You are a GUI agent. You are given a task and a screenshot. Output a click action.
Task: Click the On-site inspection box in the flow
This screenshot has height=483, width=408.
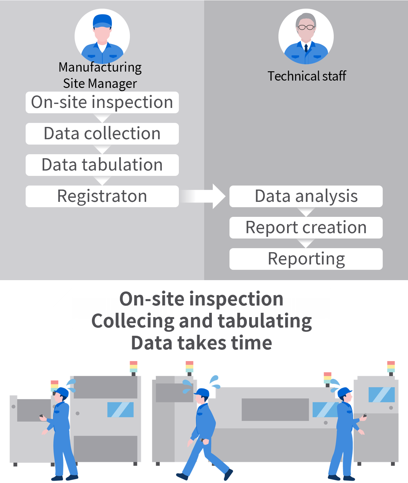pos(102,102)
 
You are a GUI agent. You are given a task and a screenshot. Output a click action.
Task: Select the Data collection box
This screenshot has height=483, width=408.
pos(102,134)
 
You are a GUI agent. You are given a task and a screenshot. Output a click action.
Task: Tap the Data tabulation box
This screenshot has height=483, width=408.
pos(102,165)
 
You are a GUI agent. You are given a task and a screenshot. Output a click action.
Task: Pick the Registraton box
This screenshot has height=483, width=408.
pos(102,196)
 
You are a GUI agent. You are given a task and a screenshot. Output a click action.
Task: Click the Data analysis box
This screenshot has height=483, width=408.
pos(306,196)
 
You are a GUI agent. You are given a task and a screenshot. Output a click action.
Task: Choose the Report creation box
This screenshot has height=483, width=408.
pos(306,228)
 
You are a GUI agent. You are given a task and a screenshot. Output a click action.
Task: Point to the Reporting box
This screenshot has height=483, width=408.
pos(306,259)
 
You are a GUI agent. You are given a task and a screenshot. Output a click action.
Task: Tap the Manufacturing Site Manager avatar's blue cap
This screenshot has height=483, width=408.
pos(102,21)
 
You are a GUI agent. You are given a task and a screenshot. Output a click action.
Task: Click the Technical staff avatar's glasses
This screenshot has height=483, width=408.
pos(306,27)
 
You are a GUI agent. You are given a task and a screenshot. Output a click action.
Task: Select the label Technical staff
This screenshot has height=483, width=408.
pos(307,76)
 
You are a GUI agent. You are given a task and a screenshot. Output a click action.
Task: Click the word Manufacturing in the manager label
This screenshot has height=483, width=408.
pos(100,68)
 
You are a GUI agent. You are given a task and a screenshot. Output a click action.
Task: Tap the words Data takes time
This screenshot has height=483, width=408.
pos(202,343)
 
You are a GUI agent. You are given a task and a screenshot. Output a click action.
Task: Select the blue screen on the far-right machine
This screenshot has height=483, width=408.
pos(381,395)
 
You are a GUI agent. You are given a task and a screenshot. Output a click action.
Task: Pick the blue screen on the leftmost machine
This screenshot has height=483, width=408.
pos(120,409)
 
